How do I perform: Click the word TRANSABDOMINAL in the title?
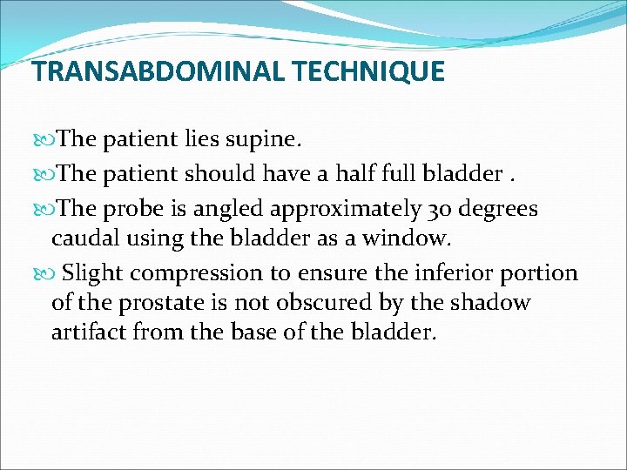(x=156, y=70)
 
